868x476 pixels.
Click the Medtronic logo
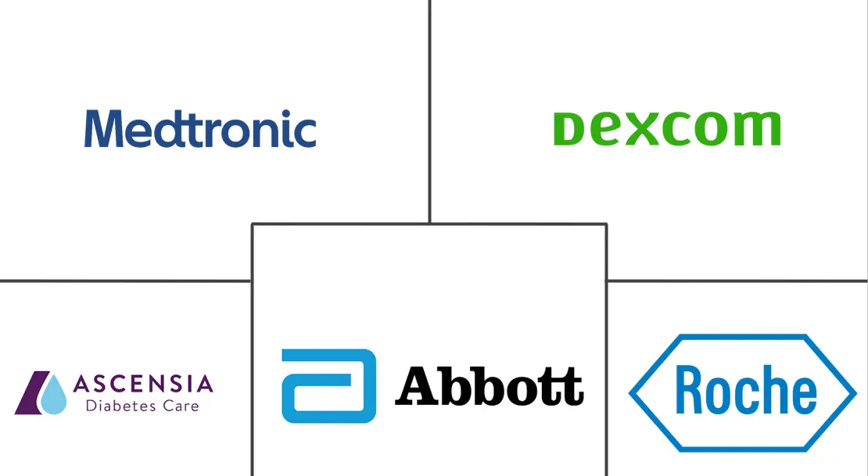(200, 128)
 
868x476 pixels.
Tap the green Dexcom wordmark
(667, 128)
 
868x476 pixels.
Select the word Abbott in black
(490, 386)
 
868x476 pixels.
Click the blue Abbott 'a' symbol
(328, 386)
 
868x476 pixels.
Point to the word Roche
(746, 390)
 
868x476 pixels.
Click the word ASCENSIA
(143, 384)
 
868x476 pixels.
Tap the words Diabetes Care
(142, 406)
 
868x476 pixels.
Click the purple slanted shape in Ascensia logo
(32, 392)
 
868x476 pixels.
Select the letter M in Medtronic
(103, 128)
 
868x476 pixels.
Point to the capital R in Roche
(690, 390)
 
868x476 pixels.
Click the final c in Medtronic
(304, 134)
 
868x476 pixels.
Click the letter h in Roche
(776, 390)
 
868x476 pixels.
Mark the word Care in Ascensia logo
(181, 406)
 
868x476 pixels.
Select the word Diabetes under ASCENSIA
(121, 406)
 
